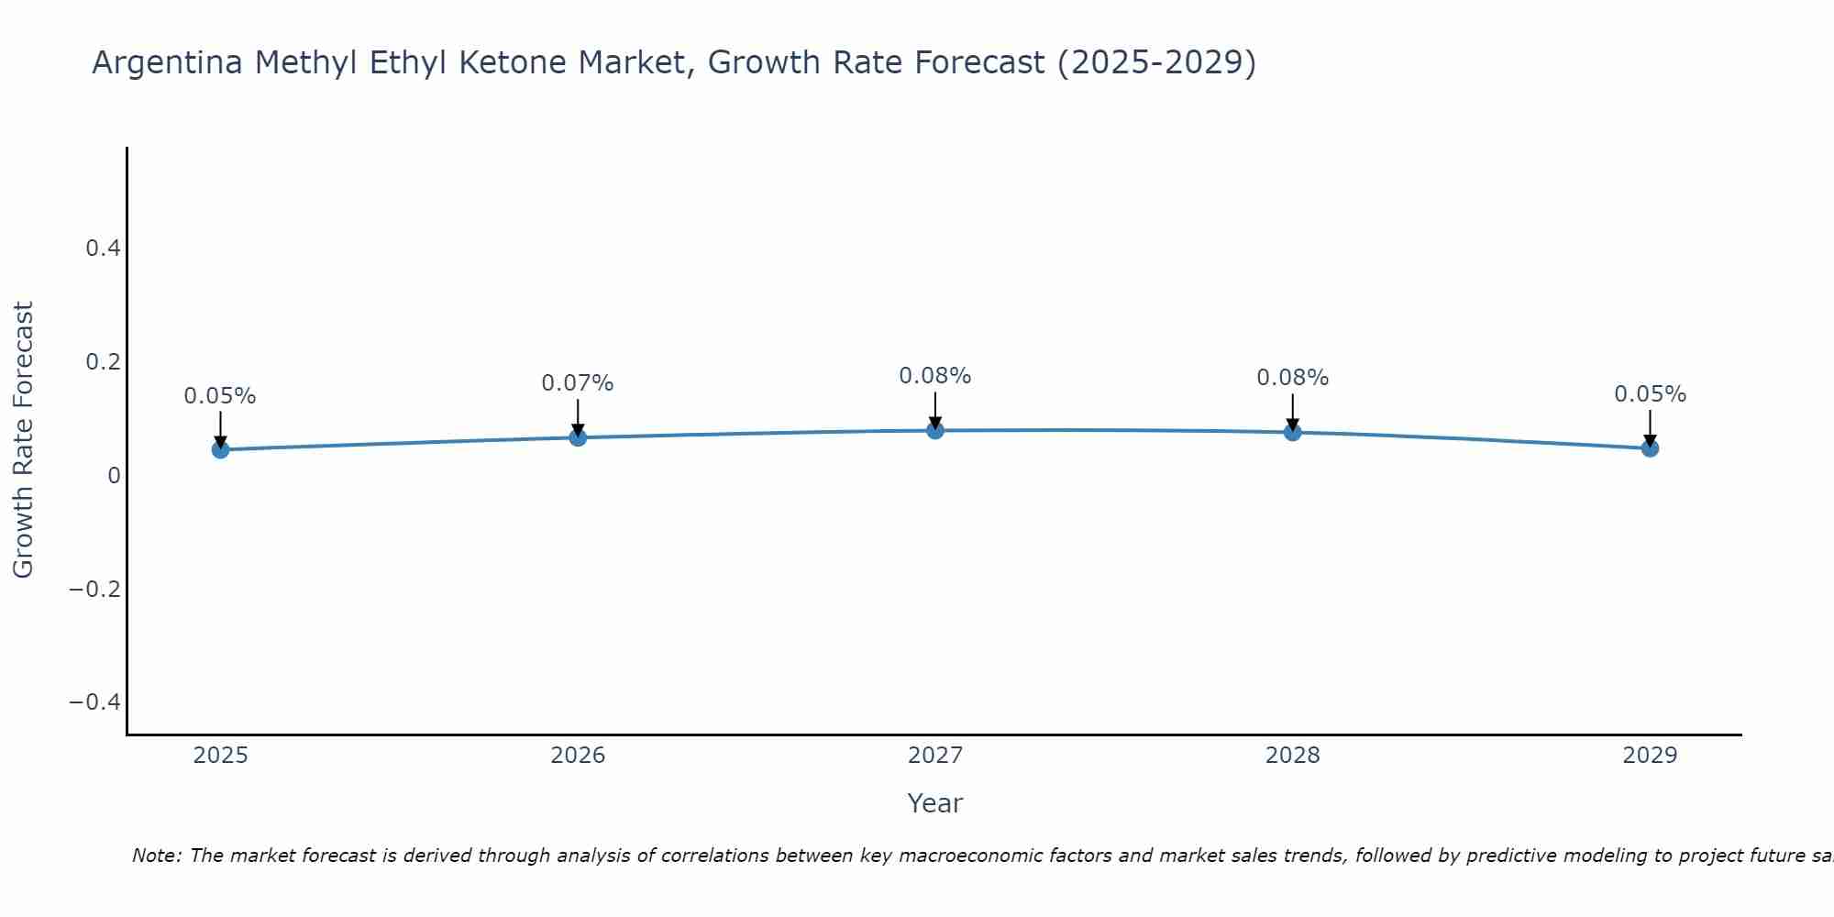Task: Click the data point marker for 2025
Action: click(220, 449)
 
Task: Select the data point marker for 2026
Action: click(578, 437)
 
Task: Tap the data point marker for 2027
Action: click(935, 430)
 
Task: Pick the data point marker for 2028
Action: click(1292, 432)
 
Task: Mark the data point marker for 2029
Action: click(1650, 448)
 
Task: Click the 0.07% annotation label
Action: click(577, 383)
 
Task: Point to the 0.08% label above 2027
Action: click(934, 376)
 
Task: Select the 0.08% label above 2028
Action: click(1292, 378)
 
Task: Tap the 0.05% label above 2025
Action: click(220, 396)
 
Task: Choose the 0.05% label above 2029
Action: click(1650, 394)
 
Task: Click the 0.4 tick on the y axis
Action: click(103, 249)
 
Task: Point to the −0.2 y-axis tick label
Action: click(94, 589)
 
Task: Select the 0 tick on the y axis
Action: click(114, 475)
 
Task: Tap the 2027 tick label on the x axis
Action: click(934, 756)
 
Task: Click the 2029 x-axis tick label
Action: click(1650, 756)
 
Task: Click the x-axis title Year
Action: click(934, 803)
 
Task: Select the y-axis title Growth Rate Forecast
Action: click(23, 440)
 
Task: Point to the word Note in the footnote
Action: click(156, 856)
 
